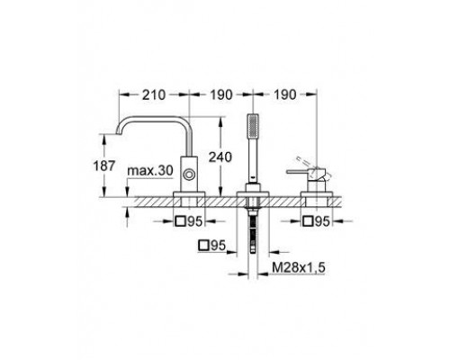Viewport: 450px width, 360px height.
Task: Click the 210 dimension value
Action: point(154,94)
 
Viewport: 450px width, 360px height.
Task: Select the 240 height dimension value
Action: point(220,157)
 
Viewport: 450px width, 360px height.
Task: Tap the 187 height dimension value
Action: point(104,166)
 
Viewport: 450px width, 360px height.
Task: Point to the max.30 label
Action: point(150,171)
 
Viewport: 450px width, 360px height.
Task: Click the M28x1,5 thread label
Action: point(299,267)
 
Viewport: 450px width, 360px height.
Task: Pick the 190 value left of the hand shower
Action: point(221,94)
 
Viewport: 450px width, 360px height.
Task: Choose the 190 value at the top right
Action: point(284,94)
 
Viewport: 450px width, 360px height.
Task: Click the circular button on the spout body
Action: point(190,175)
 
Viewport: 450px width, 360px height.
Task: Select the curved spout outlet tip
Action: point(119,131)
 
